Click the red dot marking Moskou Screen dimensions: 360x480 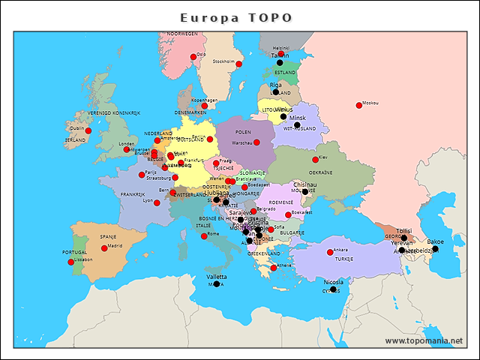[359, 106]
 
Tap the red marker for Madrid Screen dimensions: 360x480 [104, 248]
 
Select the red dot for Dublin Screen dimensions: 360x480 [88, 130]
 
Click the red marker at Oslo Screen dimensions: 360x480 [193, 57]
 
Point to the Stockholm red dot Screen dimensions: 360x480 [238, 64]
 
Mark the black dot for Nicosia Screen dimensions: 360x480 [334, 289]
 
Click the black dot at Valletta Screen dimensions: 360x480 [217, 283]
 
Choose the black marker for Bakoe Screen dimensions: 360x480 [435, 248]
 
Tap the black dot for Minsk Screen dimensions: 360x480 [283, 116]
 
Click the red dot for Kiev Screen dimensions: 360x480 [315, 160]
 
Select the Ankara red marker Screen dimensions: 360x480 [330, 252]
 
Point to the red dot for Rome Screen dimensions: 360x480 [205, 236]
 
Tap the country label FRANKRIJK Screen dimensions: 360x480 [132, 194]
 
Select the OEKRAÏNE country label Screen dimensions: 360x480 [341, 172]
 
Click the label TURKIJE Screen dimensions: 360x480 [343, 259]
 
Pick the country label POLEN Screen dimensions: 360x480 [243, 132]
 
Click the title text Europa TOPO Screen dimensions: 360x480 [236, 17]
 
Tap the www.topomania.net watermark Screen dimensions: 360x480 [424, 340]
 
